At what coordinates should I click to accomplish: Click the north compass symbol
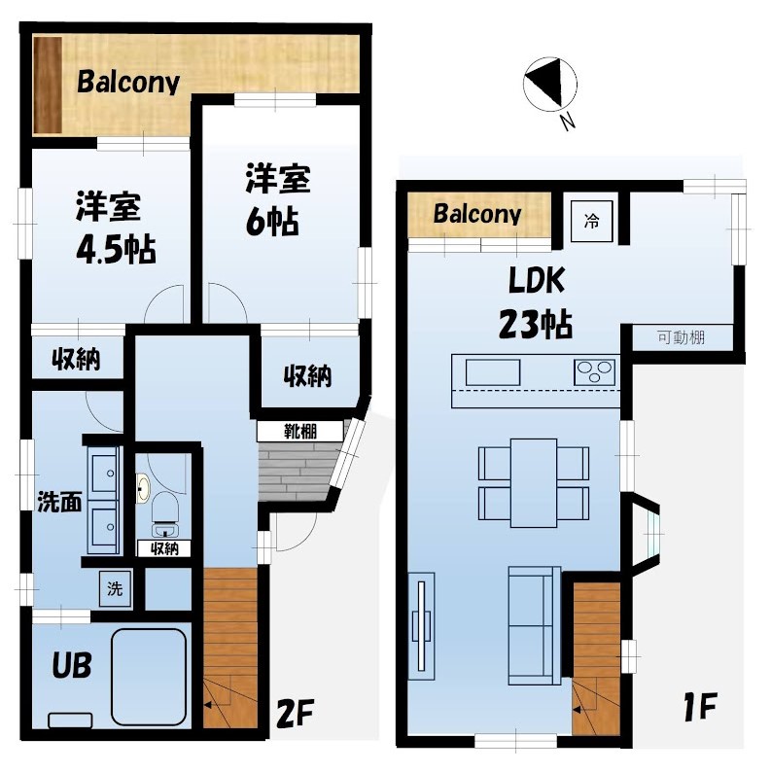[549, 83]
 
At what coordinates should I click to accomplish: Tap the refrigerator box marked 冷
[591, 221]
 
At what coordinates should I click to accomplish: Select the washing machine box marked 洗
[115, 588]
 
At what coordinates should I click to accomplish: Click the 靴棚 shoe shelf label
[300, 432]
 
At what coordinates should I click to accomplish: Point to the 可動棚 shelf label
[681, 337]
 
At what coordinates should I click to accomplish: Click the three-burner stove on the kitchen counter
[595, 372]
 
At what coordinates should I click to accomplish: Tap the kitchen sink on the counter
[493, 372]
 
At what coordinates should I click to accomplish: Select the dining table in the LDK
[534, 483]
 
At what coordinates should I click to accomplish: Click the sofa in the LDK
[535, 625]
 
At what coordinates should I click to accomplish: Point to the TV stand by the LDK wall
[422, 626]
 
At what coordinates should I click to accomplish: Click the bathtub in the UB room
[149, 677]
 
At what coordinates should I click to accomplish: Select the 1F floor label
[700, 707]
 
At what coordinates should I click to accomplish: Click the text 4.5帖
[116, 249]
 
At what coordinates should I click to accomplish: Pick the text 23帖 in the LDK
[536, 324]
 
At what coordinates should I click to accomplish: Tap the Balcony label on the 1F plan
[476, 214]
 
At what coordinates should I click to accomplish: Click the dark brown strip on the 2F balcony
[48, 85]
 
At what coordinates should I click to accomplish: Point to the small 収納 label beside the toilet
[164, 548]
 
